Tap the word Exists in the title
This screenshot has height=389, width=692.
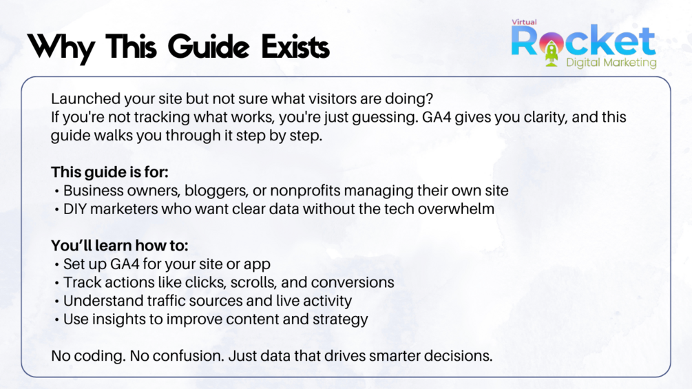(x=295, y=46)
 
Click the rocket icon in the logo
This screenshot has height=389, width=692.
(x=552, y=53)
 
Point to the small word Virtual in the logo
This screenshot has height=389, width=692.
(x=524, y=22)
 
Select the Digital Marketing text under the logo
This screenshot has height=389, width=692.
(x=611, y=62)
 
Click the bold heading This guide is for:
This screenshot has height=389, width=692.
(x=110, y=172)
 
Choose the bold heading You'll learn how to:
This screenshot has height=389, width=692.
(x=120, y=245)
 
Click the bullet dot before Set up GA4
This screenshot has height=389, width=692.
(x=57, y=265)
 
